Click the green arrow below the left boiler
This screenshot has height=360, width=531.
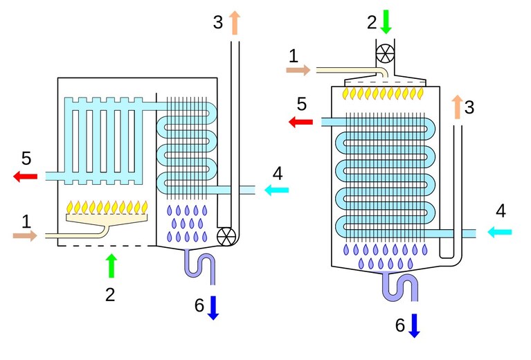pyautogui.click(x=111, y=266)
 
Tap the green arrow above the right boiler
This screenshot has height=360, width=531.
pyautogui.click(x=386, y=21)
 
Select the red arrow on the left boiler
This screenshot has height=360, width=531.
pyautogui.click(x=26, y=176)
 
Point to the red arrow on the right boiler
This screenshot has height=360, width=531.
pyautogui.click(x=300, y=122)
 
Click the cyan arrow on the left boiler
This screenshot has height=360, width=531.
pyautogui.click(x=277, y=190)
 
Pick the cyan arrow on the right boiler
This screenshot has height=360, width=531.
pyautogui.click(x=500, y=232)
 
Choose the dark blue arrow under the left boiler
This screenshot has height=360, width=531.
pyautogui.click(x=213, y=308)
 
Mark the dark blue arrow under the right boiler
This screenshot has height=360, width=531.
pyautogui.click(x=414, y=325)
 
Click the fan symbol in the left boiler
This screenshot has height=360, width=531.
pyautogui.click(x=226, y=236)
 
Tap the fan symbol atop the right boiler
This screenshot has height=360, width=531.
pyautogui.click(x=386, y=53)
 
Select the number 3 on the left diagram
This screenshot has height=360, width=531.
pyautogui.click(x=218, y=22)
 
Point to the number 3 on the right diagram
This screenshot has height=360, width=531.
pyautogui.click(x=469, y=107)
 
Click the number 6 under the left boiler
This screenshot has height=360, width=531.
pyautogui.click(x=199, y=305)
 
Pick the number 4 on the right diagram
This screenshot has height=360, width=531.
pyautogui.click(x=501, y=210)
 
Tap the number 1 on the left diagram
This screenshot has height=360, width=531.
pyautogui.click(x=26, y=222)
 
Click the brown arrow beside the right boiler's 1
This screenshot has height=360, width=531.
pyautogui.click(x=298, y=70)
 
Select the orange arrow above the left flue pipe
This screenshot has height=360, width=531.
pyautogui.click(x=234, y=22)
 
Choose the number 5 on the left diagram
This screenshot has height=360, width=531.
pyautogui.click(x=26, y=158)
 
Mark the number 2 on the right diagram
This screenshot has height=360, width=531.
pyautogui.click(x=372, y=22)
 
